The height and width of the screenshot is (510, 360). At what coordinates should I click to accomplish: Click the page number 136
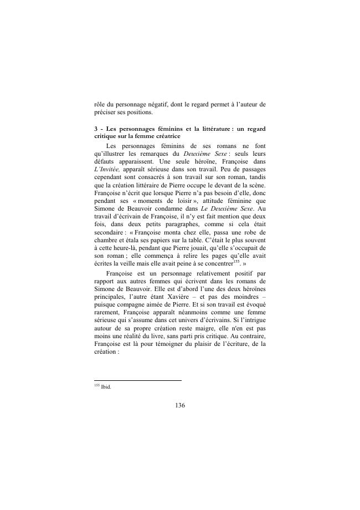pyautogui.click(x=179, y=405)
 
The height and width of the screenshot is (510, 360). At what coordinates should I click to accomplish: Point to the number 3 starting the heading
pyautogui.click(x=96, y=129)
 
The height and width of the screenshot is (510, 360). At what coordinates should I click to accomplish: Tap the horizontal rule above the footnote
pyautogui.click(x=138, y=380)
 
